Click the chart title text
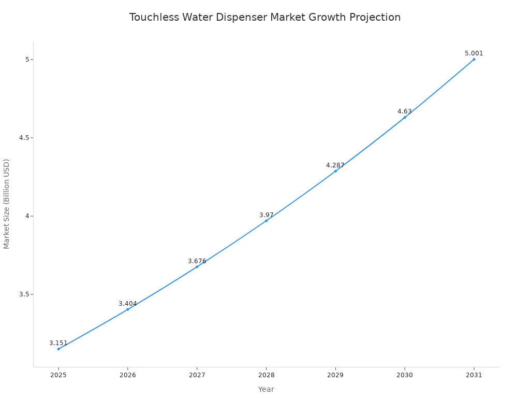pyautogui.click(x=265, y=17)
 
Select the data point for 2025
pyautogui.click(x=58, y=349)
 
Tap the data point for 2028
pyautogui.click(x=266, y=221)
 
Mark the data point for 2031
pyautogui.click(x=474, y=59)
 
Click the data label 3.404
pyautogui.click(x=128, y=304)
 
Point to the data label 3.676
pyautogui.click(x=197, y=261)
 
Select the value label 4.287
pyautogui.click(x=335, y=165)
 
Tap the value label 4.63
pyautogui.click(x=404, y=111)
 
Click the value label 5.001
pyautogui.click(x=474, y=53)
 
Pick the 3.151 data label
pyautogui.click(x=58, y=343)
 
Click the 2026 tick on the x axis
pyautogui.click(x=128, y=375)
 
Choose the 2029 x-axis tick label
pyautogui.click(x=335, y=375)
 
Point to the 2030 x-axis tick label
pyautogui.click(x=405, y=375)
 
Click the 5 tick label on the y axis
pyautogui.click(x=27, y=60)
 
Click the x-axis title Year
pyautogui.click(x=266, y=389)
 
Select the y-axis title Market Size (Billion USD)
pyautogui.click(x=7, y=204)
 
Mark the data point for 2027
pyautogui.click(x=197, y=266)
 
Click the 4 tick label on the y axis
pyautogui.click(x=27, y=216)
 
